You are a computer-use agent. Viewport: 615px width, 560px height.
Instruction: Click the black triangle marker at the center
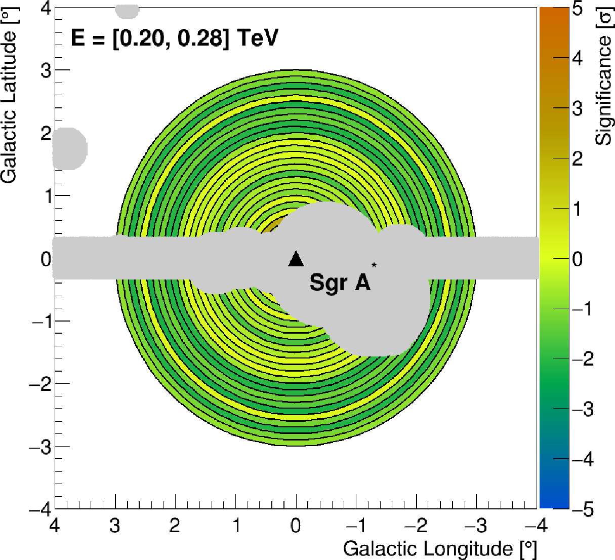pos(296,259)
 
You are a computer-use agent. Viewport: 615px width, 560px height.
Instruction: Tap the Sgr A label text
pos(340,283)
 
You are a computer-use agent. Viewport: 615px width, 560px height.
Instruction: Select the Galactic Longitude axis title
pos(439,548)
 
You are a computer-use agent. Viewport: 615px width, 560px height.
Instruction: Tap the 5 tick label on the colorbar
pos(577,9)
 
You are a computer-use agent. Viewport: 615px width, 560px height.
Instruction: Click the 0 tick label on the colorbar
pos(577,259)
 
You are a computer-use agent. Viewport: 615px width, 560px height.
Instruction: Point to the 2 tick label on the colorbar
pos(577,159)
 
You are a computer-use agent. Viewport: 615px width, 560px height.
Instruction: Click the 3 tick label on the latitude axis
pos(46,70)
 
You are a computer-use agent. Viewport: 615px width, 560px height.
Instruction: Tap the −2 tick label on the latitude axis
pos(41,383)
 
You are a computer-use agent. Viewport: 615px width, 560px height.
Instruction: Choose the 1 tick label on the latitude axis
pos(46,195)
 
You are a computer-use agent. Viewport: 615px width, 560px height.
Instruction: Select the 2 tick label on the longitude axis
pos(175,526)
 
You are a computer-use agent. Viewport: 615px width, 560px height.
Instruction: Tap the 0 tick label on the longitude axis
pos(296,526)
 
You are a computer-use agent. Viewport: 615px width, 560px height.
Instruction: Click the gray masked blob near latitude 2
pos(69,149)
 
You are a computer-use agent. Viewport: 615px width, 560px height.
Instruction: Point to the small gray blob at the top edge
pos(127,9)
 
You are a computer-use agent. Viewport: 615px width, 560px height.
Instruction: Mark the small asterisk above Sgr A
pos(374,265)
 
